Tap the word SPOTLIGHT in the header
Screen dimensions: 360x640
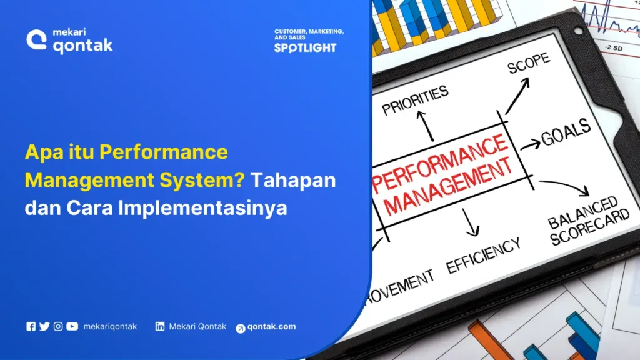[305, 47]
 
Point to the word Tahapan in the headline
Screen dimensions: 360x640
[293, 180]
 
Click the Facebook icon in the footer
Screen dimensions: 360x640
[31, 326]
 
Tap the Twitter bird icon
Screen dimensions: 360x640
[44, 326]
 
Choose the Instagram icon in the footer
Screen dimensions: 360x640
[58, 326]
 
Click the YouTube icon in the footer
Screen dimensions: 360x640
[72, 326]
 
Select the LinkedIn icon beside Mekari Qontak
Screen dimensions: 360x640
[160, 326]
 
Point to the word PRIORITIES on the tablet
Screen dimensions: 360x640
[416, 101]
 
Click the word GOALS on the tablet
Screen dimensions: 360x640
[566, 132]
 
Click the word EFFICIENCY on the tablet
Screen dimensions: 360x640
[482, 255]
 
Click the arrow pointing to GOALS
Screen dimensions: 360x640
[530, 145]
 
